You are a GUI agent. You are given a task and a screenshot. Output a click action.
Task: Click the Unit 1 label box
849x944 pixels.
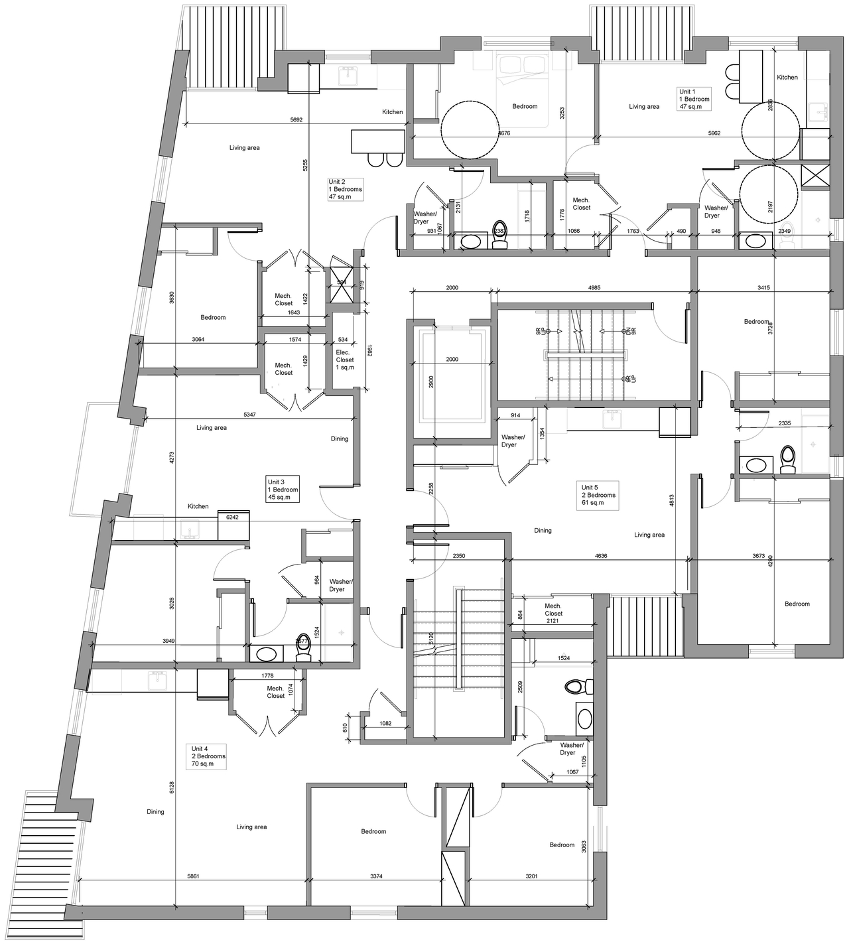coord(694,99)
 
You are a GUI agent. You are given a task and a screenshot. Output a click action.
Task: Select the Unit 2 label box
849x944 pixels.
coord(345,189)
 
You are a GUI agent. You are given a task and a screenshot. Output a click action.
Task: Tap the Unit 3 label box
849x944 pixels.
coord(283,490)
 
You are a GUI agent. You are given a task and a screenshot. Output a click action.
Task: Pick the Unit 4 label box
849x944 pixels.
coord(208,756)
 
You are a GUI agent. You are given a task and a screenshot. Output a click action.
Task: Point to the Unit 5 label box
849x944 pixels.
coord(598,495)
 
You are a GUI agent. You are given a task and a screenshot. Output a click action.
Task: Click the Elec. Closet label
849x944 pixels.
coord(345,360)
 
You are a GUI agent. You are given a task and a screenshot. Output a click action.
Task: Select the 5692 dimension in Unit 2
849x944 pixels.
coord(296,120)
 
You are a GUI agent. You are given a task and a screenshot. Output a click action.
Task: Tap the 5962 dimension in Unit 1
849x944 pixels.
coord(714,133)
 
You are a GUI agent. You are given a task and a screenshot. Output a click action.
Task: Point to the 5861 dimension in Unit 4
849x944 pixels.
coord(193,876)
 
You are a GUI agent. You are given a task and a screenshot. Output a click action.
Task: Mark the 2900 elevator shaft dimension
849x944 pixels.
coord(431,382)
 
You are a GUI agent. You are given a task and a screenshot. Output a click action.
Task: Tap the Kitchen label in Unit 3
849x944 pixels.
coord(198,506)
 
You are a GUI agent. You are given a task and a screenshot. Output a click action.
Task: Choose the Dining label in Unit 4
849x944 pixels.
coord(155,811)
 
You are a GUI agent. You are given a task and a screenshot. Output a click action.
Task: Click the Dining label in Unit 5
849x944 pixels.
coord(543,531)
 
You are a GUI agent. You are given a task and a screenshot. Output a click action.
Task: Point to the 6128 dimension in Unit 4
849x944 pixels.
coord(172,787)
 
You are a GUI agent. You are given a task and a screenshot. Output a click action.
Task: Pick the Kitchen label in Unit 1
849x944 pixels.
coord(787,78)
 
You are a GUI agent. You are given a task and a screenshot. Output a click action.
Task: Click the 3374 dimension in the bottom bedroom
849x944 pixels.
coord(376,876)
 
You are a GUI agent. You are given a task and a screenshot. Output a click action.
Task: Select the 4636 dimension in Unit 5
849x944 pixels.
coord(601,556)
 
